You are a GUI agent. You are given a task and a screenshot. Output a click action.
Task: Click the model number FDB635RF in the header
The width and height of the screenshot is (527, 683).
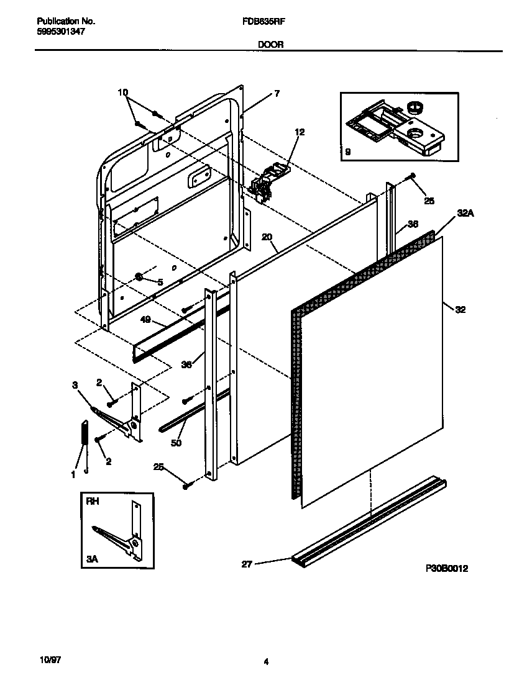click(x=259, y=20)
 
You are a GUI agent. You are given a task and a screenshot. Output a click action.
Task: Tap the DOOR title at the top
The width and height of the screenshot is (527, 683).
click(x=267, y=44)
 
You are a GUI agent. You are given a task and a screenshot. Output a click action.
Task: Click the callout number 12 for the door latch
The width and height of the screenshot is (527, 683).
click(x=300, y=132)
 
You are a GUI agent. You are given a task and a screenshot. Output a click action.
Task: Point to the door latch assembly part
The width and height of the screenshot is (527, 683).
click(x=268, y=181)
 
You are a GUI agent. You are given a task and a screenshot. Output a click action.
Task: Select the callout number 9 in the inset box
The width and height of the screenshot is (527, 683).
click(x=347, y=150)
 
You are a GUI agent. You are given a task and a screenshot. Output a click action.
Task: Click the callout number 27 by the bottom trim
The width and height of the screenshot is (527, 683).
click(x=247, y=564)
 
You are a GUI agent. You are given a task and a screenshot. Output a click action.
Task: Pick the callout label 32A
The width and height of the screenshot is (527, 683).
click(x=465, y=213)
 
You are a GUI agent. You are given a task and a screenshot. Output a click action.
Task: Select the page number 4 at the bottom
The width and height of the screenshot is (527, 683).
click(x=266, y=663)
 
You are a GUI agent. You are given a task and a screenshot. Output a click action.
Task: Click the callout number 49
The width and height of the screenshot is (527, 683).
click(x=147, y=321)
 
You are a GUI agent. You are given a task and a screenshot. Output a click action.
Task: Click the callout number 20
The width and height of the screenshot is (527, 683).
click(x=267, y=237)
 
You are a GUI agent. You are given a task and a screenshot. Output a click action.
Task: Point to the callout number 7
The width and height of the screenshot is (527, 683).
click(x=277, y=94)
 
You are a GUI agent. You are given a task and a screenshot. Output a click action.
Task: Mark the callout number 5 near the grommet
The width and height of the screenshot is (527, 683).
click(x=160, y=282)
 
